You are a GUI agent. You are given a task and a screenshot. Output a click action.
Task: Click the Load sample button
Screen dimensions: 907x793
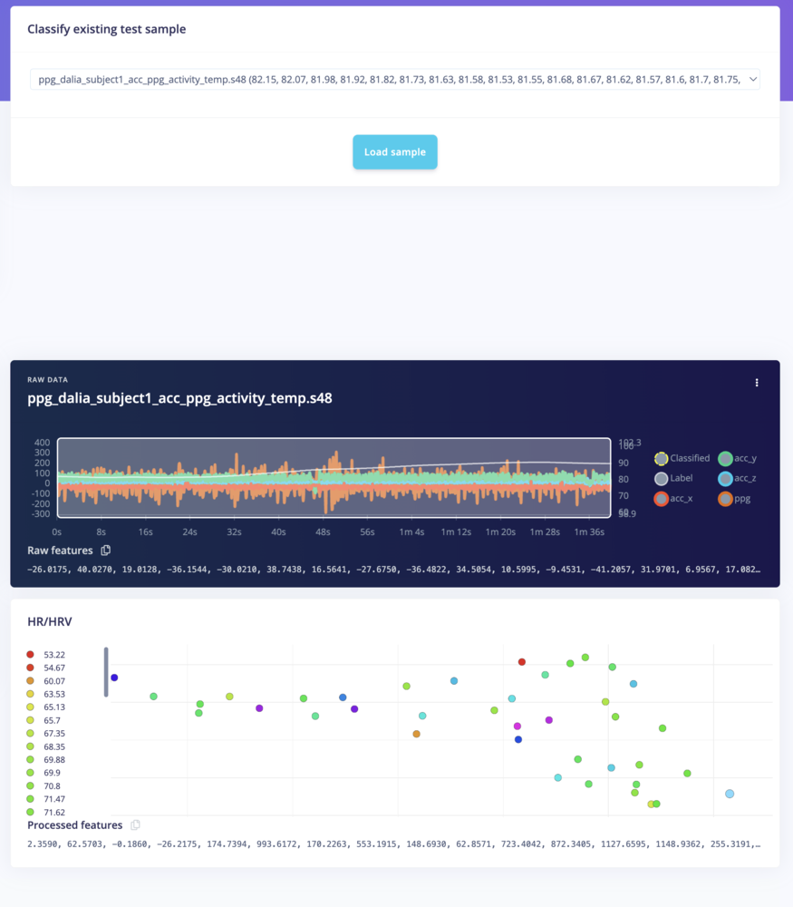tap(395, 152)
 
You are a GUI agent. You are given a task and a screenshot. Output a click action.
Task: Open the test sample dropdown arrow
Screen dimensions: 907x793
tap(751, 80)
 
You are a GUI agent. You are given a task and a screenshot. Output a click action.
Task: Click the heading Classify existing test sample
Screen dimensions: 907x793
tap(107, 29)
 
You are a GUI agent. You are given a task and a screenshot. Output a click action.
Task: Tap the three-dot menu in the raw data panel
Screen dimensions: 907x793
tap(757, 383)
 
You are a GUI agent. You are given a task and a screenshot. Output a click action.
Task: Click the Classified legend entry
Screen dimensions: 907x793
tap(682, 458)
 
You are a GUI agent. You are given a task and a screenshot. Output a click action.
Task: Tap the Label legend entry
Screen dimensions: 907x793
tap(673, 478)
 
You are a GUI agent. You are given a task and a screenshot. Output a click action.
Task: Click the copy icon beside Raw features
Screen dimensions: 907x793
tap(106, 551)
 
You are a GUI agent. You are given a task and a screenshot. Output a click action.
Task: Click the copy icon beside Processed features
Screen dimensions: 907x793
tap(136, 825)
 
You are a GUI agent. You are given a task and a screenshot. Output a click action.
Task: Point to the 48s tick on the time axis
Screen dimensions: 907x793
tap(323, 532)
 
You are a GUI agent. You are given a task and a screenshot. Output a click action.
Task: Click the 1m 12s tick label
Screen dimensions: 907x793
tap(456, 532)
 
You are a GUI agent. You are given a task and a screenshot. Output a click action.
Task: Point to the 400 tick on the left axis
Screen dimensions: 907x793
tap(42, 443)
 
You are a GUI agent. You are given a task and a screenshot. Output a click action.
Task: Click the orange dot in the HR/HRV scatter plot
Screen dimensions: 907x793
tap(417, 734)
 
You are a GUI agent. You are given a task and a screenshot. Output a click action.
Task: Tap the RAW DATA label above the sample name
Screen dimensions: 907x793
tap(47, 380)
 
